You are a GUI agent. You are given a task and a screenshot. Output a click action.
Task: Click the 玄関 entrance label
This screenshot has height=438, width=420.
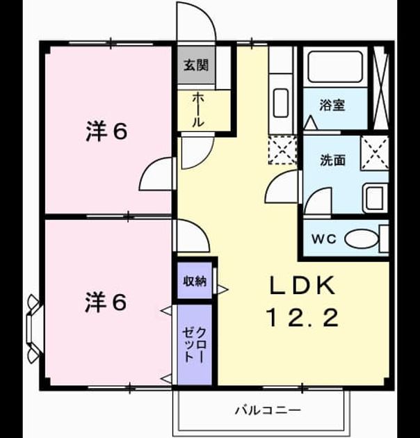point(196,65)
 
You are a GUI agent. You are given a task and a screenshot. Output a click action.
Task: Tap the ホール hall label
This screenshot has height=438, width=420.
point(198,111)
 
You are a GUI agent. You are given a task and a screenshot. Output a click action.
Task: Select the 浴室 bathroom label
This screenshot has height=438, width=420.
point(332,105)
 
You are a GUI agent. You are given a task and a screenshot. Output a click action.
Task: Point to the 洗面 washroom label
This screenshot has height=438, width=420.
point(332,161)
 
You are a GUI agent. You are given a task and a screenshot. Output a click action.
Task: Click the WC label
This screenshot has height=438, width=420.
point(324,239)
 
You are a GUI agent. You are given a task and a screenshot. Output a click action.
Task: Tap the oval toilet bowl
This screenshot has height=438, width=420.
point(362,239)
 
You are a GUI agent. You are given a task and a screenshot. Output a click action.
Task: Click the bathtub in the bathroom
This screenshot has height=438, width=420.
point(335,67)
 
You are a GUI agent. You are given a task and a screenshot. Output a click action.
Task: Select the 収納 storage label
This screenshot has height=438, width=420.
point(195,281)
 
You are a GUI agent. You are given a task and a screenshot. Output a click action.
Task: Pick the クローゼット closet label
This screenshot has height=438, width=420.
point(195,345)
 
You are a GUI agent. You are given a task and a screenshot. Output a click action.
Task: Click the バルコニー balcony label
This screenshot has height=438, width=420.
point(268,410)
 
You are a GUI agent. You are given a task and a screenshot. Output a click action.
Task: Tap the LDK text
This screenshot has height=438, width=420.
point(302,286)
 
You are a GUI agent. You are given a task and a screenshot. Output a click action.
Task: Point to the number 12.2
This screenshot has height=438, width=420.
point(303,318)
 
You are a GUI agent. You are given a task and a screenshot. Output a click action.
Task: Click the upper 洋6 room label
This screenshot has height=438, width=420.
point(107,131)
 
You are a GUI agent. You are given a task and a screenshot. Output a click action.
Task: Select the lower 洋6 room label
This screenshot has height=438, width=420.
point(106,302)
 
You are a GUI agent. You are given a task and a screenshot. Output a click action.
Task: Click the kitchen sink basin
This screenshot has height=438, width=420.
point(281,103)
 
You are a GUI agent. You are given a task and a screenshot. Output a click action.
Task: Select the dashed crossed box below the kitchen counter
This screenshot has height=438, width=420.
point(282,150)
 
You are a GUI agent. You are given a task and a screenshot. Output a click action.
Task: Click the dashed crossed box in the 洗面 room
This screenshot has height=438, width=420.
point(375,153)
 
